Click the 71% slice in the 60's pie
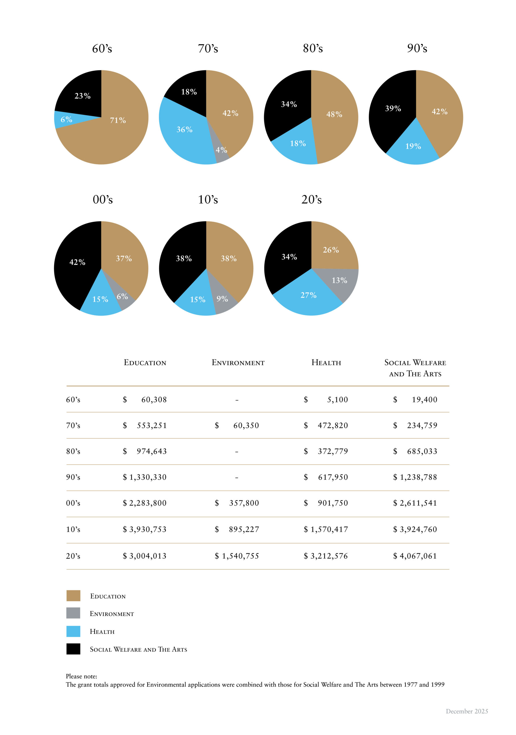point(109,138)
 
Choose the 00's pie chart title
point(103,200)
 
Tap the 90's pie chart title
point(417,48)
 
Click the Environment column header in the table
point(238,363)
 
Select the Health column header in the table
point(326,363)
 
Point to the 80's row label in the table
point(73,452)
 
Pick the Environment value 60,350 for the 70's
point(246,426)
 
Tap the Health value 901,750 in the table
point(333,503)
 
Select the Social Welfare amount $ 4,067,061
point(415,556)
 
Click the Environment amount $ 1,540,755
point(237,556)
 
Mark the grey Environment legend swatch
point(73,613)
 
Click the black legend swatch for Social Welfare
point(73,649)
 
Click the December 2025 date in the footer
point(467,711)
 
